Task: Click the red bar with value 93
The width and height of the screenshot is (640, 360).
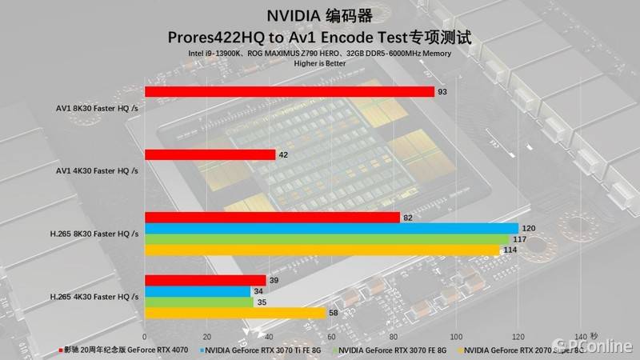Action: tap(289, 92)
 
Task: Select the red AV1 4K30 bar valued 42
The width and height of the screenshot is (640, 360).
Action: tap(210, 154)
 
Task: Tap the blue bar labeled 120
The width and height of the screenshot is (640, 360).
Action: tap(331, 228)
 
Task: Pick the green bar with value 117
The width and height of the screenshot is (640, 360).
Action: tap(326, 238)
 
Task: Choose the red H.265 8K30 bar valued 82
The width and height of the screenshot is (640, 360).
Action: tap(272, 217)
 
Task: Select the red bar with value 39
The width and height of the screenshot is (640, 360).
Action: tap(205, 280)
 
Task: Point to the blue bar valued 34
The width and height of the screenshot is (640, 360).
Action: tap(198, 291)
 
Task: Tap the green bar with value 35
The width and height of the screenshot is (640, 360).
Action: tap(199, 302)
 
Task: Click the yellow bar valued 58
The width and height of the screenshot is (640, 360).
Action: tap(235, 313)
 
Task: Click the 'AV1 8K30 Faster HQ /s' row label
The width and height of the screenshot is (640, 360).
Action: tap(97, 107)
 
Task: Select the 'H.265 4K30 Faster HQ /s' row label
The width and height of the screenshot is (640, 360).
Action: tap(94, 297)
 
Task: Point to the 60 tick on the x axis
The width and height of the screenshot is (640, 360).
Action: tap(332, 336)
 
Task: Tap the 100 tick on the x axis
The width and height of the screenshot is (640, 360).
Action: tap(457, 336)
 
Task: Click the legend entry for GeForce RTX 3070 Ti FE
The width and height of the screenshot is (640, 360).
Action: tap(263, 350)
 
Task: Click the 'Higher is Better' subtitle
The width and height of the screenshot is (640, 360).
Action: tap(320, 62)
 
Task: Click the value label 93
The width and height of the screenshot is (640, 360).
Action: tap(442, 92)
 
